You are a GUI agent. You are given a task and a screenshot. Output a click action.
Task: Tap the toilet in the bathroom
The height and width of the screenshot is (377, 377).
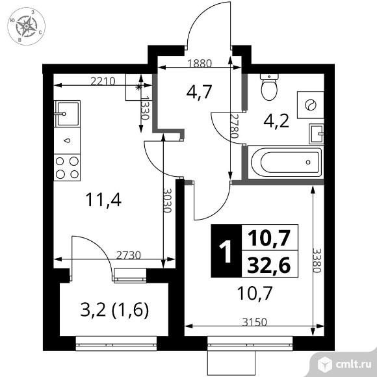click(x=268, y=86)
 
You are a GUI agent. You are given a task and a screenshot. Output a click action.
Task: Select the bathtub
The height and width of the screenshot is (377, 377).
click(x=284, y=162)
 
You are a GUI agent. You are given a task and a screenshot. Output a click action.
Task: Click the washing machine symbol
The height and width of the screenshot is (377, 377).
click(x=309, y=105)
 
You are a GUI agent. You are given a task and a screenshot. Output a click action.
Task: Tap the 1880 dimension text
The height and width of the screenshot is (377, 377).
click(x=199, y=64)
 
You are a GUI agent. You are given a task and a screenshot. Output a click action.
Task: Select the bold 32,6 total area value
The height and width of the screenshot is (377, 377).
click(x=269, y=263)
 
